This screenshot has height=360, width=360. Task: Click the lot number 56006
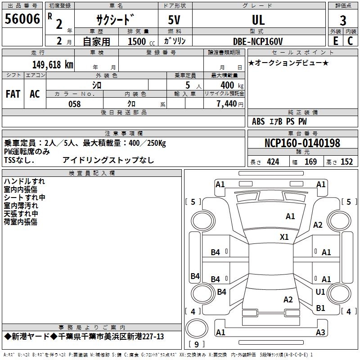[22, 19]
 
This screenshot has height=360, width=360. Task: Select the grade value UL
[258, 20]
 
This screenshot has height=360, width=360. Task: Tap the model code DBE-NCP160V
[258, 41]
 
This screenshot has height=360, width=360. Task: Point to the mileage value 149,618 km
[53, 65]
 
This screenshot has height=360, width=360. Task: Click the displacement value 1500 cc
[141, 41]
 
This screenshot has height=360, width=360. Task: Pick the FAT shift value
[13, 94]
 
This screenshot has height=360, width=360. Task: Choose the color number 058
[75, 104]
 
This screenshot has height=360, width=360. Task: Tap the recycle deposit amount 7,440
[227, 104]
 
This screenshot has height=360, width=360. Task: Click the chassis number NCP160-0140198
[302, 143]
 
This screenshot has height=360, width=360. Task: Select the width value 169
[310, 162]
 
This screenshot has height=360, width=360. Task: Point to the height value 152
[346, 162]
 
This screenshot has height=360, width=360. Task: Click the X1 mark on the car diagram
[284, 237]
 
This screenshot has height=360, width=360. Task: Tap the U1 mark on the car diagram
[320, 292]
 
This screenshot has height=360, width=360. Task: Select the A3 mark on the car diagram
[320, 332]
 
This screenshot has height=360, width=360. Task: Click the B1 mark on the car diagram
[320, 308]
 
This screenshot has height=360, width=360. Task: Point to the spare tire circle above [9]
[197, 328]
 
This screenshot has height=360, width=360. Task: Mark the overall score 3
[343, 20]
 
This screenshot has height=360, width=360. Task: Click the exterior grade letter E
[336, 41]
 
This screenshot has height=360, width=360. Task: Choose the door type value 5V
[174, 20]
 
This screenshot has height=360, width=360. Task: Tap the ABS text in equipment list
[258, 121]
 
